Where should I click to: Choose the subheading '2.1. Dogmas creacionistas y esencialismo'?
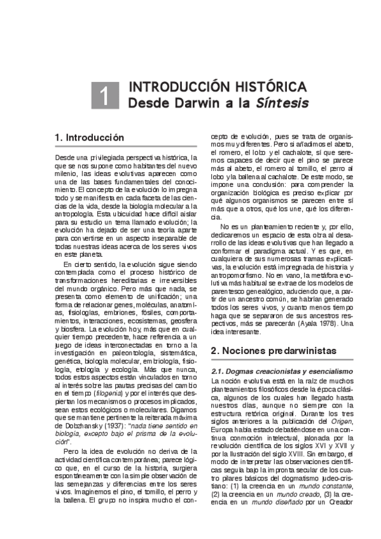pyautogui.click(x=281, y=371)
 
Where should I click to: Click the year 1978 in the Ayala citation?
pyautogui.click(x=323, y=323)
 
